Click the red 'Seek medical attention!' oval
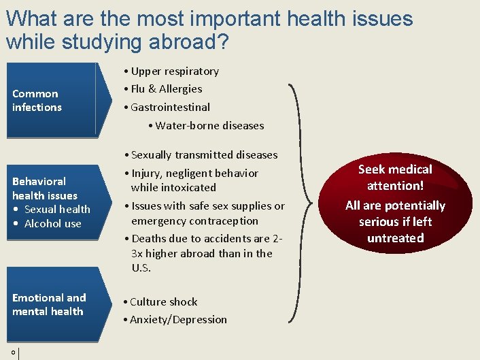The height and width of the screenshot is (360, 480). tap(395, 202)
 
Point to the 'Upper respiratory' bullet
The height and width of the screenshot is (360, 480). tap(175, 71)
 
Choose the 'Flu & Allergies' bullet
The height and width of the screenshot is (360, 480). tap(166, 89)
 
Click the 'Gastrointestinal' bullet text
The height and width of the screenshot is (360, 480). tap(170, 108)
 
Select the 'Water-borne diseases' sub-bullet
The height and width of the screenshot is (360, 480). tap(209, 125)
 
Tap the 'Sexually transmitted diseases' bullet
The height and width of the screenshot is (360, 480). tap(204, 155)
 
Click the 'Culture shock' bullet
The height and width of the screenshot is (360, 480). tap(163, 302)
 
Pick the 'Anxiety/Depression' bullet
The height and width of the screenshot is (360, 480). tap(178, 320)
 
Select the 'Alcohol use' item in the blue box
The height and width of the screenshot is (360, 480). tap(52, 224)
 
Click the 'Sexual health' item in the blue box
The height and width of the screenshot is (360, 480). tap(57, 210)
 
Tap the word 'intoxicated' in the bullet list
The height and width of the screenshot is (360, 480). tap(173, 188)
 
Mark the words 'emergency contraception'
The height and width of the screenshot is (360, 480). tap(194, 221)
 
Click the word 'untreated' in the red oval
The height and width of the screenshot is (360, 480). tap(395, 238)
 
